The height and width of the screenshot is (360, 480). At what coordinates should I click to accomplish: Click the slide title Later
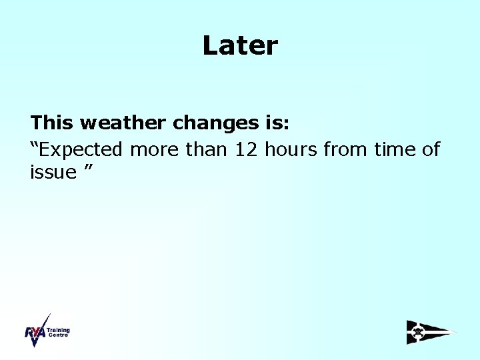pyautogui.click(x=240, y=46)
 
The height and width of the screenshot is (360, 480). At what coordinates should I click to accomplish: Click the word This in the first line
pyautogui.click(x=52, y=123)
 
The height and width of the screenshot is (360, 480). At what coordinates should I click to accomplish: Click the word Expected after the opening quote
pyautogui.click(x=80, y=150)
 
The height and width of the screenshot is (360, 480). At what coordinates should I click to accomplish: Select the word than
pyautogui.click(x=207, y=149)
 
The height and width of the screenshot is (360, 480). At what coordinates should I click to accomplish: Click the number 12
pyautogui.click(x=247, y=149)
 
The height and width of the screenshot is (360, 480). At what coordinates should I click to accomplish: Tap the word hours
pyautogui.click(x=291, y=149)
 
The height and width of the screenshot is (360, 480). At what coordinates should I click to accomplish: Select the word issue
pyautogui.click(x=53, y=173)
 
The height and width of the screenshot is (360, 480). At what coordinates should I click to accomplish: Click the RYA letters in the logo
pyautogui.click(x=35, y=333)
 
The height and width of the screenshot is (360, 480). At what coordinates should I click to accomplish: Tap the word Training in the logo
pyautogui.click(x=59, y=330)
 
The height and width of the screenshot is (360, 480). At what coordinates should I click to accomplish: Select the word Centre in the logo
pyautogui.click(x=57, y=335)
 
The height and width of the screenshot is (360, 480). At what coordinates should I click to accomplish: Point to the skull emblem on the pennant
pyautogui.click(x=418, y=331)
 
